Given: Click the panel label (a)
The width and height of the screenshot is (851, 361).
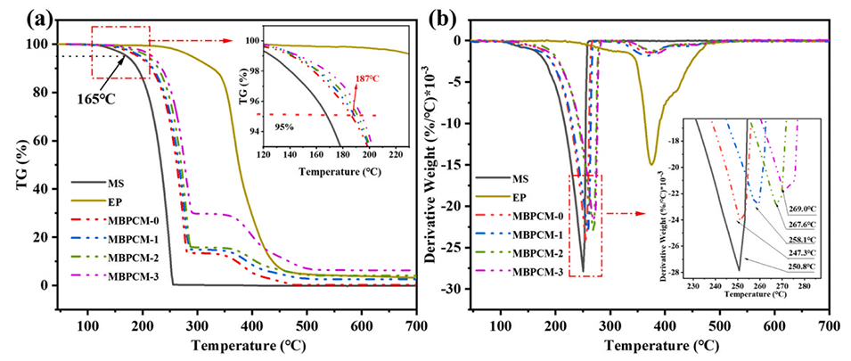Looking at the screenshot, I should [19, 17].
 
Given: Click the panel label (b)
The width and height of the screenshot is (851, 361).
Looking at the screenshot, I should [446, 17].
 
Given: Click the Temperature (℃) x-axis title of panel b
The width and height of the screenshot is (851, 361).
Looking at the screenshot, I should [665, 345].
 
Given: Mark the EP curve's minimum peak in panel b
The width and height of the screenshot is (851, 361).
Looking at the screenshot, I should [652, 164].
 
